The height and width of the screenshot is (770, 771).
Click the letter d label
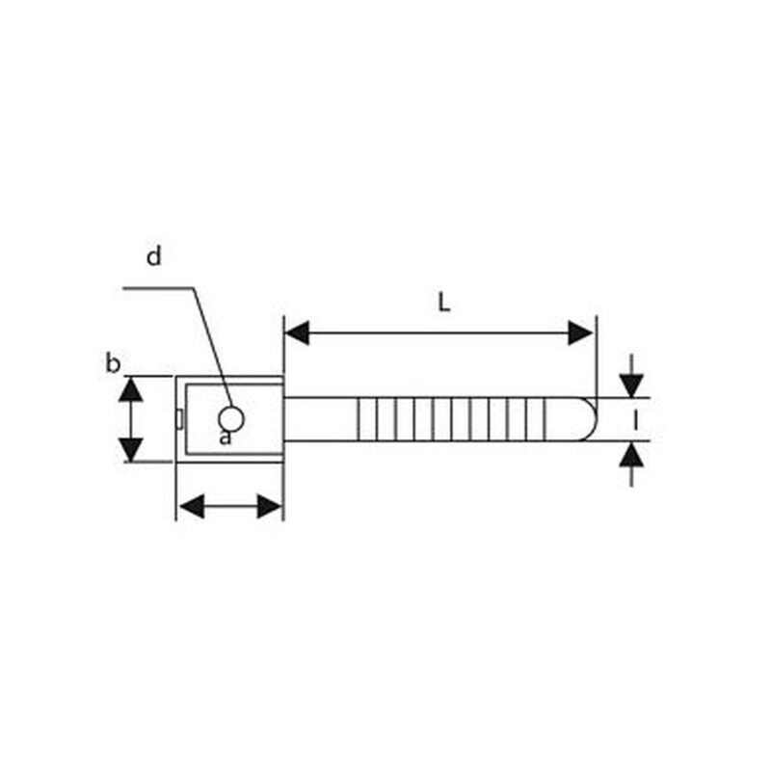click(x=154, y=256)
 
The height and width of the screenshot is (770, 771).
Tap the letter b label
click(x=113, y=364)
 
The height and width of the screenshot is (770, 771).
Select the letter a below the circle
click(x=225, y=438)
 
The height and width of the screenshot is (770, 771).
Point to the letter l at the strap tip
click(x=635, y=420)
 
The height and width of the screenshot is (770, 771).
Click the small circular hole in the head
click(x=230, y=419)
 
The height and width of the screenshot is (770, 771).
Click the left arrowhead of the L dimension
click(x=297, y=332)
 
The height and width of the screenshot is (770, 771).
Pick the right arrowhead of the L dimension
click(x=581, y=332)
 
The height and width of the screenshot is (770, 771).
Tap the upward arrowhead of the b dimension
click(x=131, y=389)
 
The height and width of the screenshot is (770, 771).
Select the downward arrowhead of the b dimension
click(x=131, y=449)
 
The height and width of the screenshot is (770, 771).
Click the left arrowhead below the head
click(x=191, y=506)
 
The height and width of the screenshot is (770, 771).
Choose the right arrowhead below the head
click(x=270, y=506)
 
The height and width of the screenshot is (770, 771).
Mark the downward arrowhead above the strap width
click(x=631, y=385)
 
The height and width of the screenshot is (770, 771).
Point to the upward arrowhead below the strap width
click(x=631, y=453)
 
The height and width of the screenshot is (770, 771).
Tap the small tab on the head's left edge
click(x=179, y=419)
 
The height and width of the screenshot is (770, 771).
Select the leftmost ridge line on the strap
click(x=359, y=419)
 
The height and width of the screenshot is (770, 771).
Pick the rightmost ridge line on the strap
click(x=545, y=419)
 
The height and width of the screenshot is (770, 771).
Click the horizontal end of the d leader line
click(x=123, y=287)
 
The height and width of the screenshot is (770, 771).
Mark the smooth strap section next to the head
click(x=321, y=419)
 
